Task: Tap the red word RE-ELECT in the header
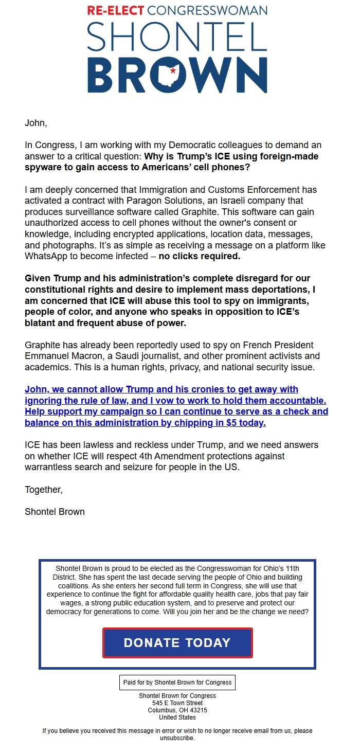coord(116,10)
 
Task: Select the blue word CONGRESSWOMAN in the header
coord(207,10)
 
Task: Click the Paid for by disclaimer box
coord(177,683)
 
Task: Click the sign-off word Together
coord(43,490)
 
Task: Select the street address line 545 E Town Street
coord(177,703)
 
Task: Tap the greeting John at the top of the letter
coord(35,123)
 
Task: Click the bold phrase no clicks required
coord(199,256)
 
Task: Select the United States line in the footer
coord(177,717)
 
